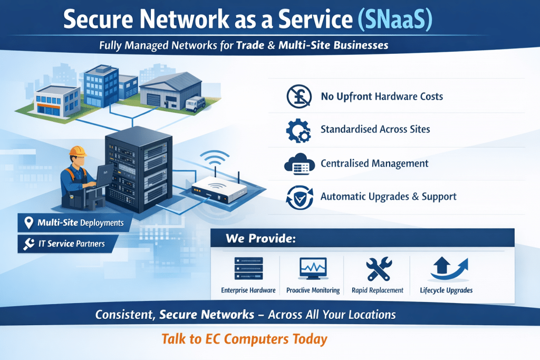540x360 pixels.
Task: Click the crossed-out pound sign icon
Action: click(x=298, y=96)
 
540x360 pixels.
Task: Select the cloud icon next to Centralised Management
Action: click(x=298, y=163)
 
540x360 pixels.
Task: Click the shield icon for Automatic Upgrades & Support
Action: click(x=298, y=197)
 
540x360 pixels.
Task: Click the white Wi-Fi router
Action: click(x=216, y=188)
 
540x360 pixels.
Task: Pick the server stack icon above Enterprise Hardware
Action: click(x=248, y=269)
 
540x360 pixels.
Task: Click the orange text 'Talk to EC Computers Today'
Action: click(x=244, y=338)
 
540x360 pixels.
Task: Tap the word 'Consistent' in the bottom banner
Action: click(x=124, y=315)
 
